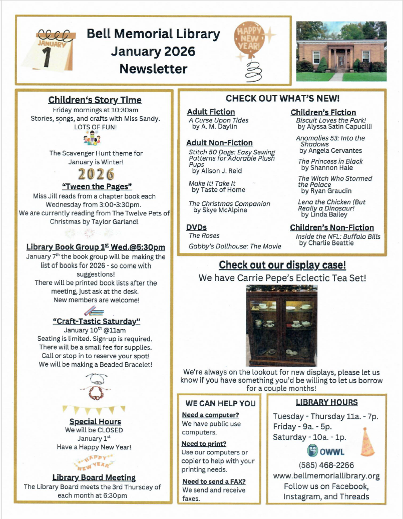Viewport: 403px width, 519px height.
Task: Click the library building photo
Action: coord(341,51)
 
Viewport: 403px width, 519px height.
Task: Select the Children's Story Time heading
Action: coord(95,100)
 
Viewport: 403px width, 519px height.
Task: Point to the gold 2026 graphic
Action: coord(96,174)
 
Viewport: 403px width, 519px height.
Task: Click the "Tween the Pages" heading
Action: coord(97,186)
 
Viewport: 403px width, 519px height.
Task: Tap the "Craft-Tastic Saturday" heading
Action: coord(96,321)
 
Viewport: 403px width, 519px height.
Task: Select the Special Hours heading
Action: coord(95,421)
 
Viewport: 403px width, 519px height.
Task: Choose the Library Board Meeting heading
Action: coord(94,477)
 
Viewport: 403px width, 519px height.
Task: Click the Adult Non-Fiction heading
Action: coord(219,143)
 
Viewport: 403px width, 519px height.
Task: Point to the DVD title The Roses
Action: coord(204,235)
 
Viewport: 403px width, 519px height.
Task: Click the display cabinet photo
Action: coord(281,326)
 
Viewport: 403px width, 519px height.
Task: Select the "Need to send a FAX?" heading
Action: coord(214,481)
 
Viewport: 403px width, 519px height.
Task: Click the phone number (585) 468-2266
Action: coord(326,465)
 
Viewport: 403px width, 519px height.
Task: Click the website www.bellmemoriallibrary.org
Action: coord(326,476)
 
